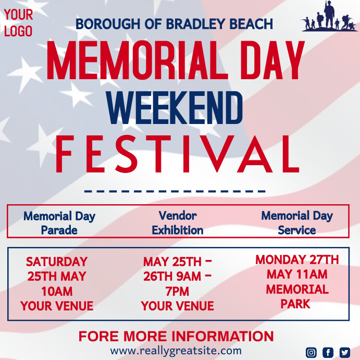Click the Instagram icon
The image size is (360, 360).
(311, 352)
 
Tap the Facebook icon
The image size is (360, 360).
(328, 352)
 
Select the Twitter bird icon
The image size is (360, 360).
(344, 352)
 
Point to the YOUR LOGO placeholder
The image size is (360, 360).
(18, 23)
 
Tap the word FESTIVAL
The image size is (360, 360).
(177, 154)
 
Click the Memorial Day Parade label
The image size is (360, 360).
(59, 222)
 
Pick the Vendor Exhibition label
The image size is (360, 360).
(178, 222)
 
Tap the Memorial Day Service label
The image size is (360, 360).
(297, 222)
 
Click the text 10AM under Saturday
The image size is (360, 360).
(57, 291)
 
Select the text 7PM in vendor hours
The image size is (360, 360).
(178, 291)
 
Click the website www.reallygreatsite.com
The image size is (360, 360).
(176, 351)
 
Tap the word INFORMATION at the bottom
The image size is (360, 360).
(222, 336)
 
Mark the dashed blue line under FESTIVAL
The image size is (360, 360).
(175, 191)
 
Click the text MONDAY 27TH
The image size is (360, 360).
(297, 259)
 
